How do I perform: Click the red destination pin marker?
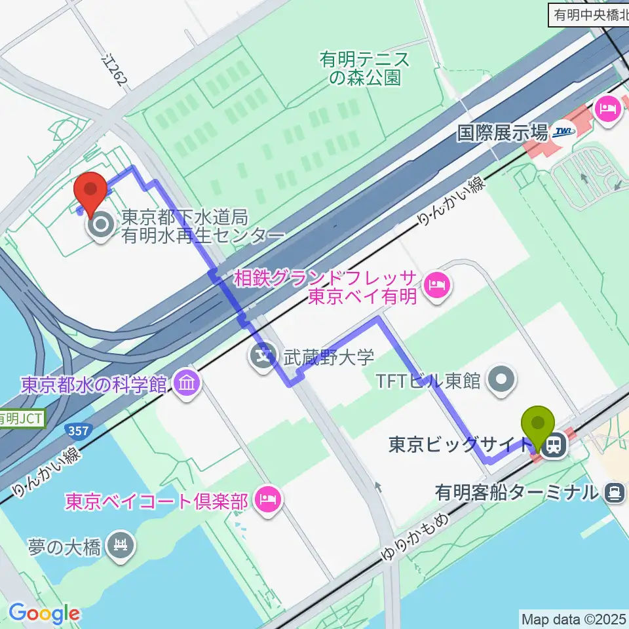92,191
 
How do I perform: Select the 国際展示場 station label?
502,134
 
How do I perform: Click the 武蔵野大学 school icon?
263,357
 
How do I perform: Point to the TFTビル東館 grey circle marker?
503,378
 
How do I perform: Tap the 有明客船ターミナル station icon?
614,491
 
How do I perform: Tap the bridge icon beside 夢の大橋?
121,546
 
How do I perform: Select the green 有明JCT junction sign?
21,417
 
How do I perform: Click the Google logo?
44,613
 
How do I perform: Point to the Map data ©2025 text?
574,619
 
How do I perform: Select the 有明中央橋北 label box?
587,15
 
